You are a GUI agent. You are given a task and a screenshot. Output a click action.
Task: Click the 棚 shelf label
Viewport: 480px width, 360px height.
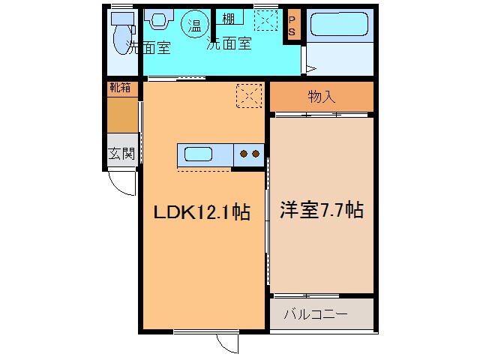[227, 19]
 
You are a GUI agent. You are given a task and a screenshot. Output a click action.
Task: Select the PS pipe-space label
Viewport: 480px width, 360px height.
[292, 26]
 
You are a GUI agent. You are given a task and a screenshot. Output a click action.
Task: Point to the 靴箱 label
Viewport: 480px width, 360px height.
[120, 88]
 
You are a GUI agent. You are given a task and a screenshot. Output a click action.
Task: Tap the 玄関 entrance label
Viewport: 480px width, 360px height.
[121, 154]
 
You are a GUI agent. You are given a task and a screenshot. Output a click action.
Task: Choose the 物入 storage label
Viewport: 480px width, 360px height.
[321, 96]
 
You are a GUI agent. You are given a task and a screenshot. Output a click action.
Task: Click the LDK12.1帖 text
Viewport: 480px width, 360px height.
[202, 213]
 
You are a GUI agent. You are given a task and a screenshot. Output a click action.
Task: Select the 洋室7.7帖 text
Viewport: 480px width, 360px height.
[322, 210]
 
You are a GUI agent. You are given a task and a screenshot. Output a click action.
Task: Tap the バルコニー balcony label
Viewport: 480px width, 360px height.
[315, 314]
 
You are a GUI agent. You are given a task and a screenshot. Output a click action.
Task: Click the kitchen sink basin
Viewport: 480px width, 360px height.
[199, 154]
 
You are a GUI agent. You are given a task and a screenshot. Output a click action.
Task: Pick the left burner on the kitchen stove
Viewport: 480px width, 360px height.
[244, 154]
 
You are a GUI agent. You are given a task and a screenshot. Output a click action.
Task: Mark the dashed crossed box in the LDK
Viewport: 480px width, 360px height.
[249, 95]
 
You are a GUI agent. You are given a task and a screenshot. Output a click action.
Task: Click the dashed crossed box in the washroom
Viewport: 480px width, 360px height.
[265, 20]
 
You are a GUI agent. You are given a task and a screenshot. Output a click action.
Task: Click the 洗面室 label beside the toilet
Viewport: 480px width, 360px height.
[148, 49]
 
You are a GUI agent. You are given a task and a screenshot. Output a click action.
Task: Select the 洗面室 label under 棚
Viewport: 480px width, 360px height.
[229, 43]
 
